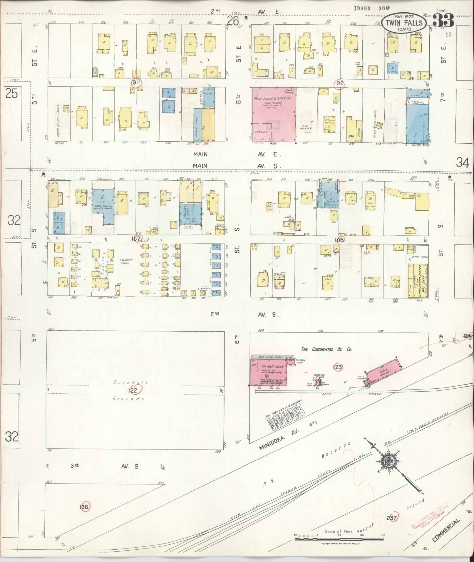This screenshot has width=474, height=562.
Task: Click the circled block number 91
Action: pyautogui.click(x=136, y=83)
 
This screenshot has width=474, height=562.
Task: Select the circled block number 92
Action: pyautogui.click(x=340, y=83)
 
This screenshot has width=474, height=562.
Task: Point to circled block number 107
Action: pyautogui.click(x=136, y=239)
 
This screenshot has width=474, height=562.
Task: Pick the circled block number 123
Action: pyautogui.click(x=338, y=367)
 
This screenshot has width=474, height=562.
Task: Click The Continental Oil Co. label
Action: pyautogui.click(x=326, y=349)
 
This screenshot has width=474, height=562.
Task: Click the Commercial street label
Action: pyautogui.click(x=446, y=530)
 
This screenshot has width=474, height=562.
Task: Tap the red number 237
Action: pyautogui.click(x=392, y=518)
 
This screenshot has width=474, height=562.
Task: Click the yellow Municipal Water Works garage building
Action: pyautogui.click(x=418, y=281)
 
